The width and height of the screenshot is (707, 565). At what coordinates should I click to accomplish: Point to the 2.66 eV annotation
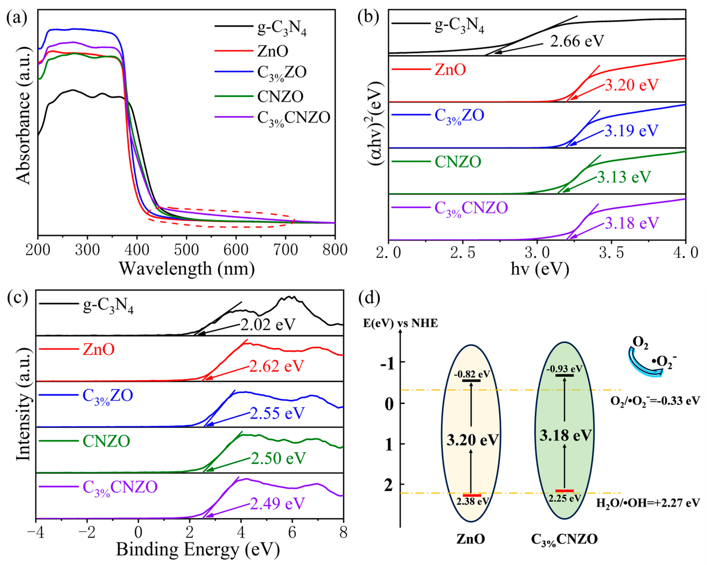(577, 41)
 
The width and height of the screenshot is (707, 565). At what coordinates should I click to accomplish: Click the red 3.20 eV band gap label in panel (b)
(631, 85)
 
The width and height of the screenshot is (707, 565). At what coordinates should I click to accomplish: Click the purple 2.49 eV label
(277, 503)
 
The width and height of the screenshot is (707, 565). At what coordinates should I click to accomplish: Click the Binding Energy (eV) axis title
(198, 550)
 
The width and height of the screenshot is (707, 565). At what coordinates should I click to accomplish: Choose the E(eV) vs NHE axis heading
(400, 324)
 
